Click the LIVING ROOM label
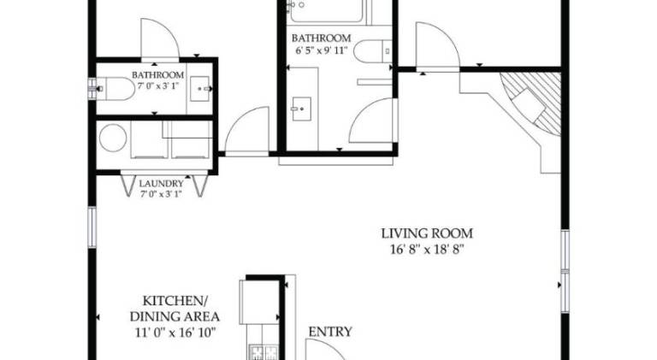pos(427,233)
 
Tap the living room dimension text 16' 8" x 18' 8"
pos(428,250)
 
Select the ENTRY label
pos(330,332)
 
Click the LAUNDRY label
pos(162,183)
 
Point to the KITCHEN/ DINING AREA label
pos(175,309)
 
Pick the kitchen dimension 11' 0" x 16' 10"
pos(175,333)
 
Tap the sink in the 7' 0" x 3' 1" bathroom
pos(200,89)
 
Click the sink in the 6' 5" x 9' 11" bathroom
pos(302,109)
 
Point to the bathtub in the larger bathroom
pos(326,10)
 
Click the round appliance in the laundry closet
pos(113,138)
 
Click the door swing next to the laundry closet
pos(247,131)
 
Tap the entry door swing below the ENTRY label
pos(325,349)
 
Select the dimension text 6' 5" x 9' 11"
pos(322,51)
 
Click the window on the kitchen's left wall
pos(92,227)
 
